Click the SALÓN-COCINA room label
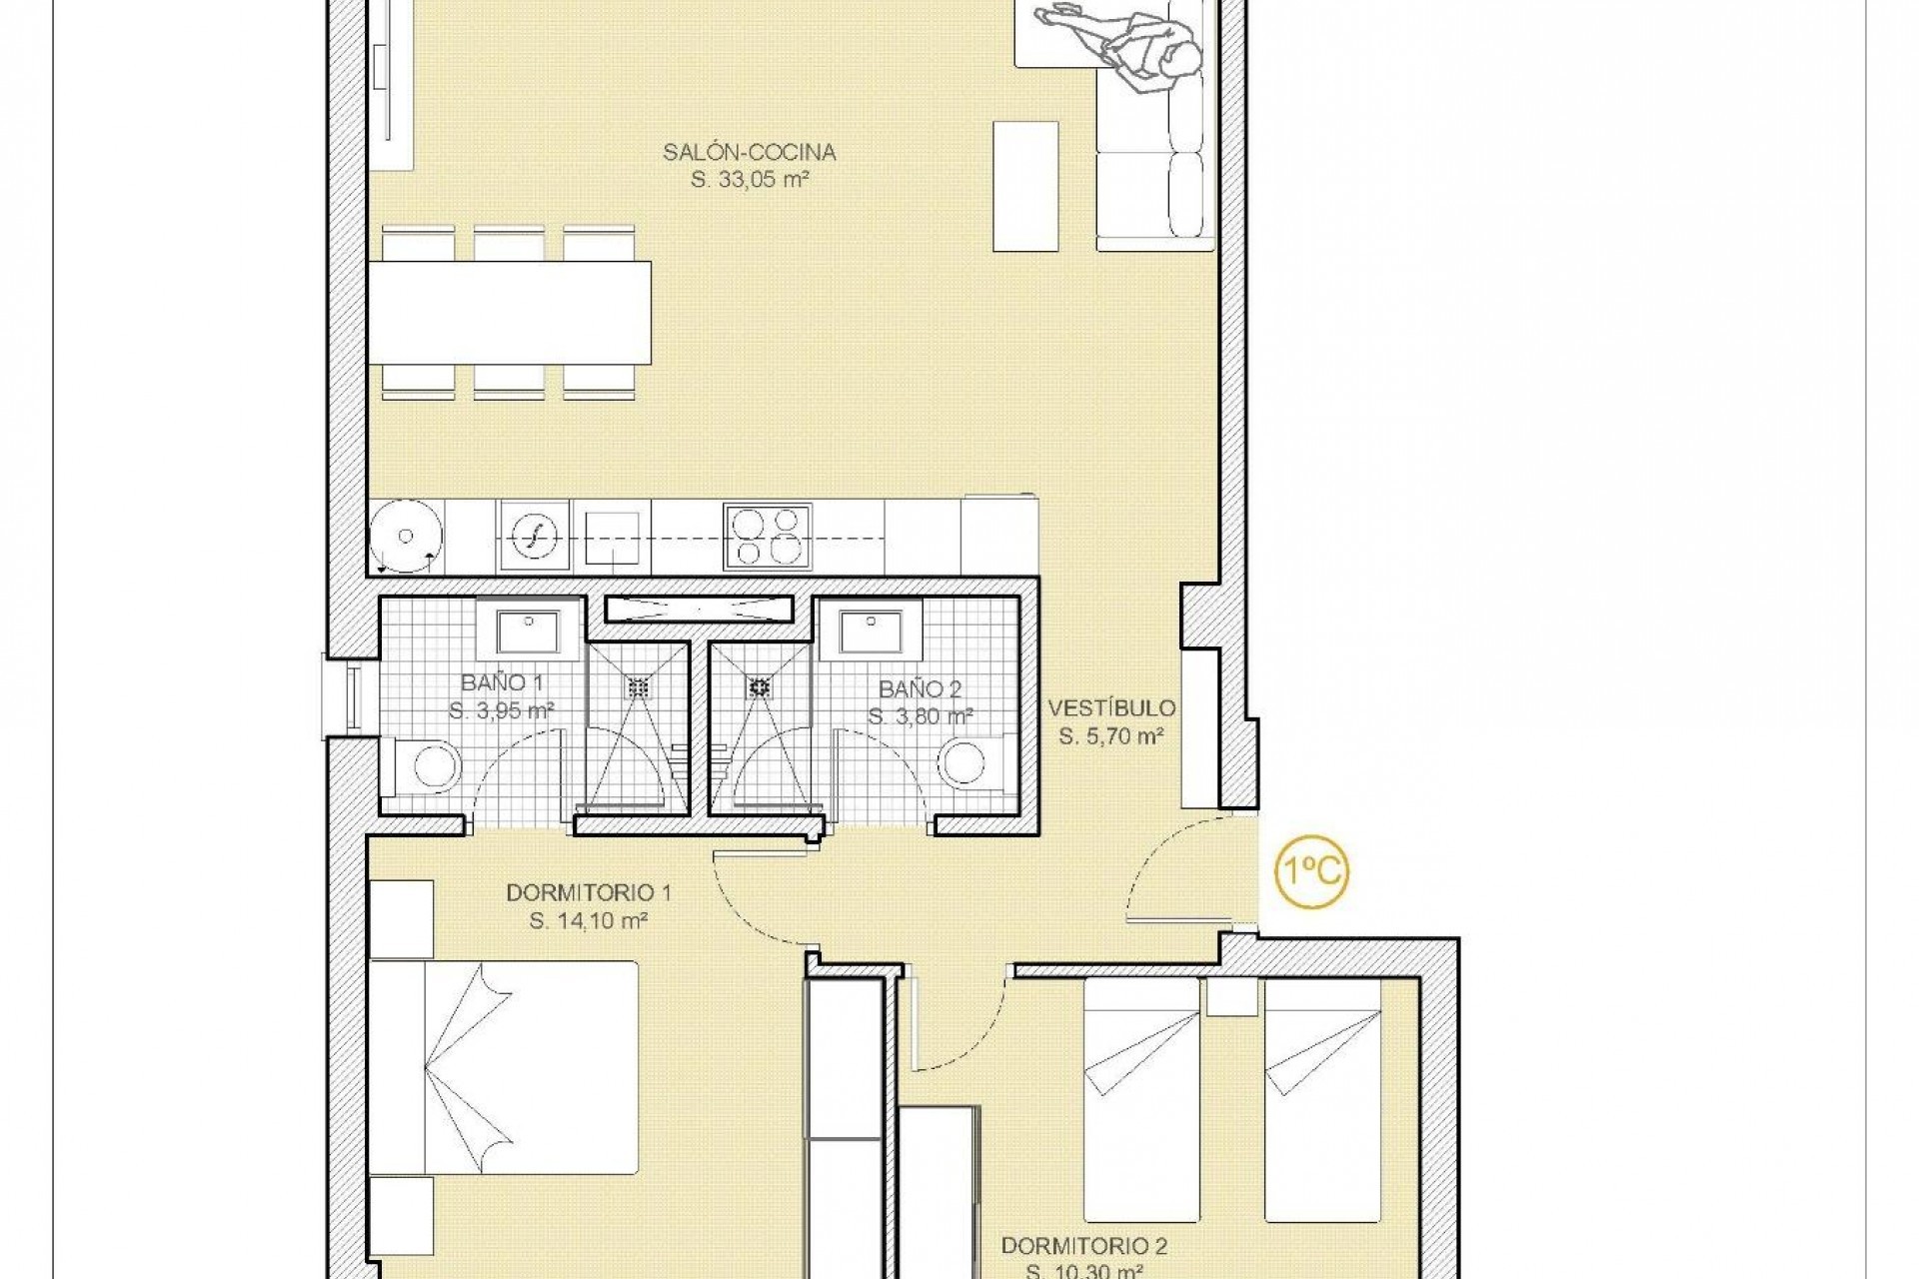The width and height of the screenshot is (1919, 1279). click(749, 153)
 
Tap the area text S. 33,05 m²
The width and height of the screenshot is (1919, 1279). click(749, 181)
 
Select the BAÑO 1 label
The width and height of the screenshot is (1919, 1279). click(502, 683)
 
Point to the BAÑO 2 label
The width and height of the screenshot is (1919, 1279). click(920, 689)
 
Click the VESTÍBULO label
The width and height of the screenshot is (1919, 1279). click(1111, 708)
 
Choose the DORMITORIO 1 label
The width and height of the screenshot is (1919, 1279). click(589, 892)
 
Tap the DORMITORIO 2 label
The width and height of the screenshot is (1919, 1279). click(1084, 1246)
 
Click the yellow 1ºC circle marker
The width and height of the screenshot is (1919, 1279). click(1312, 871)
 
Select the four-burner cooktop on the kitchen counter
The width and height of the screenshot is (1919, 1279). click(767, 537)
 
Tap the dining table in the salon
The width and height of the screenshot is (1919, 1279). click(510, 312)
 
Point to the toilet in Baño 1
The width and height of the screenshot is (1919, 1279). click(432, 766)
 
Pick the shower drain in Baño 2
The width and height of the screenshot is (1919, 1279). click(761, 686)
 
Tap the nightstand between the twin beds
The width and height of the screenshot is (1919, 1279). click(1231, 997)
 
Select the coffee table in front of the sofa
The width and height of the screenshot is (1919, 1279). click(1025, 187)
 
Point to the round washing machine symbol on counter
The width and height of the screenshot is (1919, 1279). click(406, 537)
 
